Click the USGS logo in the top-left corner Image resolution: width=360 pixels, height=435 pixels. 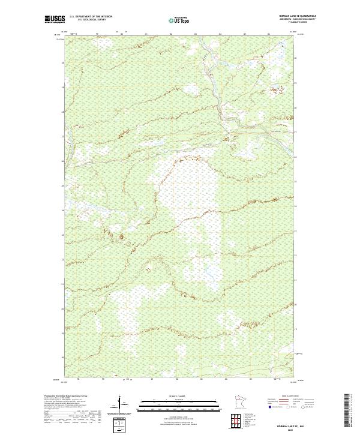[x=54, y=19]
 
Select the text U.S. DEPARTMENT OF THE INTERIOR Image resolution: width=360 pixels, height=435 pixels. [x=91, y=16]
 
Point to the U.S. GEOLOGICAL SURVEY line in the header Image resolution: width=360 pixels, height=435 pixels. [x=91, y=19]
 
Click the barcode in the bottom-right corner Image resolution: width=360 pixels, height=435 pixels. [x=347, y=412]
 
